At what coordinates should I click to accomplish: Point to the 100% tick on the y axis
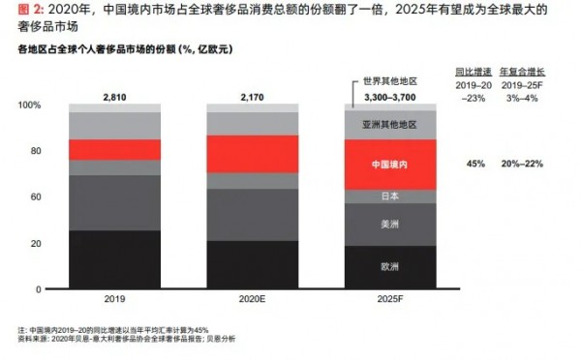(30, 105)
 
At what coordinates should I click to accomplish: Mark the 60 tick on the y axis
(35, 196)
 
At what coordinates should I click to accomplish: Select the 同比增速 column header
(474, 72)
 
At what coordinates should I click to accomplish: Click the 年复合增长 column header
(527, 72)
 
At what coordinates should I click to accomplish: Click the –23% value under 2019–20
(474, 97)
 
